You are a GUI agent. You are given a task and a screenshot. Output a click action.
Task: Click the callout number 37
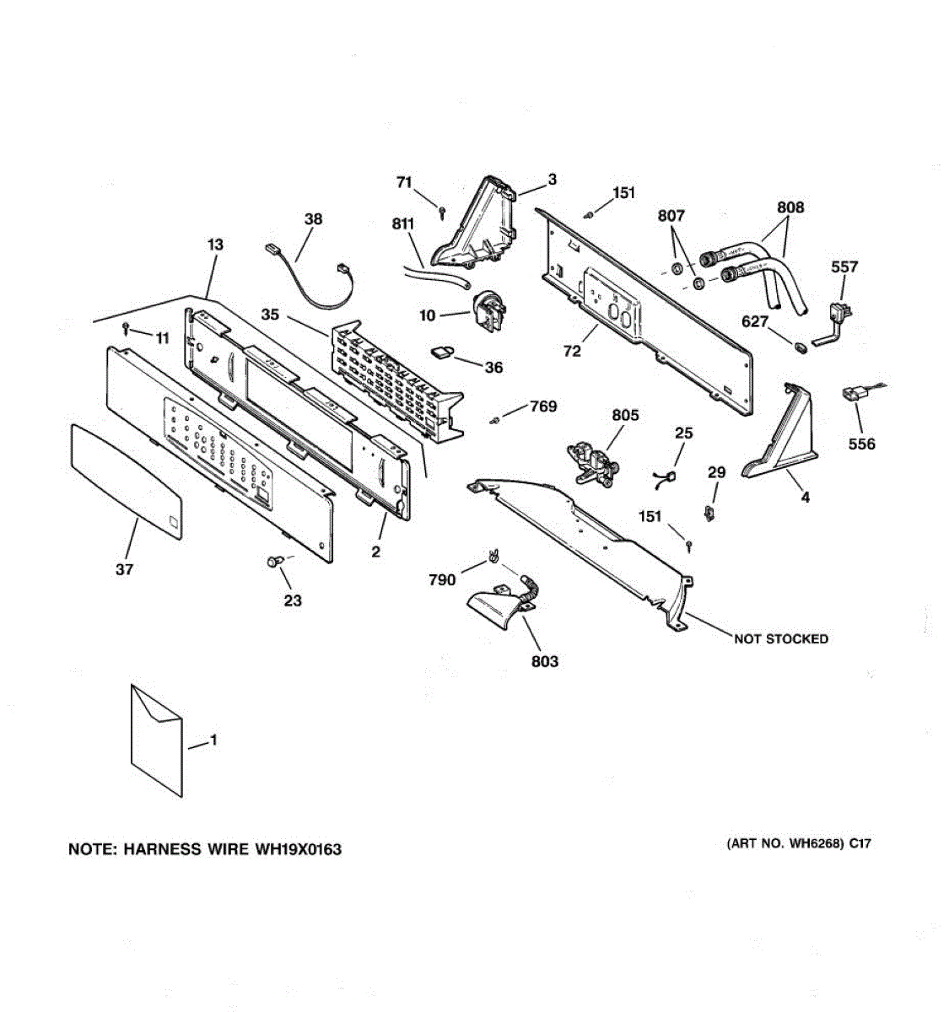coord(124,570)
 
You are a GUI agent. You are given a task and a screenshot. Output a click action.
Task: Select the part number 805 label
coord(625,415)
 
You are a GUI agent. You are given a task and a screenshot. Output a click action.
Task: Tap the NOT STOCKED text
coord(780,639)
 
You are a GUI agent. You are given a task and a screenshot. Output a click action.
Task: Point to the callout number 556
coord(861,444)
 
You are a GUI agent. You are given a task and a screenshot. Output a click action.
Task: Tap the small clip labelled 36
coord(442,351)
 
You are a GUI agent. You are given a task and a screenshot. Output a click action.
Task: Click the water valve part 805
coord(594,463)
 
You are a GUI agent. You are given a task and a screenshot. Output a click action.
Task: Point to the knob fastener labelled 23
coord(272,562)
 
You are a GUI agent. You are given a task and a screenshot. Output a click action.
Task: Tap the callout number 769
coord(542,406)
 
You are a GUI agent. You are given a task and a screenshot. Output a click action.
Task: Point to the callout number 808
coord(790,207)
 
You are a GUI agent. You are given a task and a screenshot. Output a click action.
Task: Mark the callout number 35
coord(270,315)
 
